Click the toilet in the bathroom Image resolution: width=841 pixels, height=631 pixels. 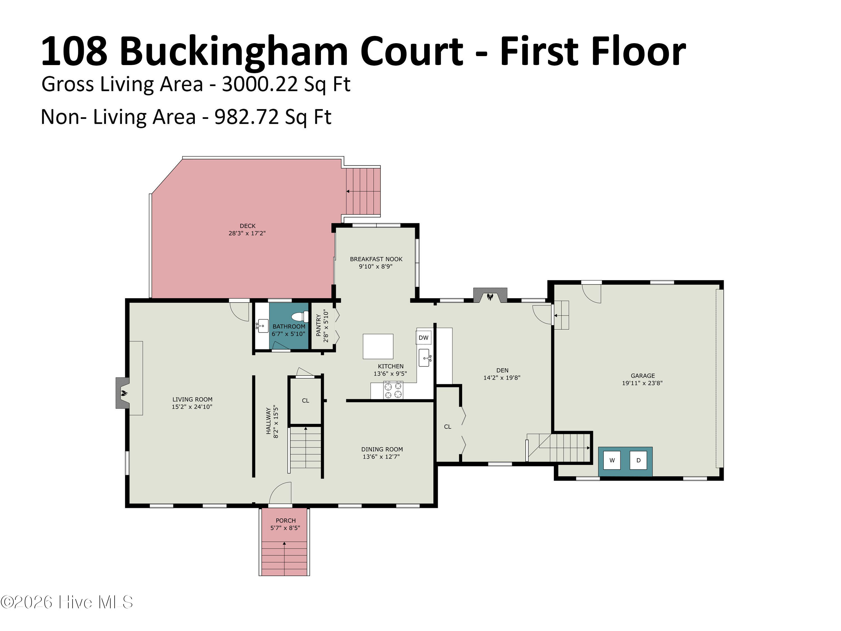click(301, 316)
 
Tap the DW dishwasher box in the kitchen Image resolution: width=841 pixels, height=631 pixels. click(424, 338)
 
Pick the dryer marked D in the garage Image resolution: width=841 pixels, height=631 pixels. click(638, 460)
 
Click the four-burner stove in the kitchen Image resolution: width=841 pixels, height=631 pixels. click(393, 391)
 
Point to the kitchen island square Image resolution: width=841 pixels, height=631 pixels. click(378, 347)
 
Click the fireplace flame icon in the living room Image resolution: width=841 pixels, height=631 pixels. click(124, 393)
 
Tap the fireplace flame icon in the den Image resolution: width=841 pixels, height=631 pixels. click(491, 297)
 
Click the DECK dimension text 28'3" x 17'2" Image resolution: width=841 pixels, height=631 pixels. click(247, 233)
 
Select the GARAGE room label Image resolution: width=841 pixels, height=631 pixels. click(643, 376)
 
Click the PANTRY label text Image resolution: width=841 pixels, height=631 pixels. click(319, 326)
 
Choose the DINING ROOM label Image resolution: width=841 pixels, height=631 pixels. click(382, 449)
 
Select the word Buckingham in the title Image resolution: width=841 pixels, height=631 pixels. click(234, 52)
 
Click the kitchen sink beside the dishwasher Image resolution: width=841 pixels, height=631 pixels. click(425, 358)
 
